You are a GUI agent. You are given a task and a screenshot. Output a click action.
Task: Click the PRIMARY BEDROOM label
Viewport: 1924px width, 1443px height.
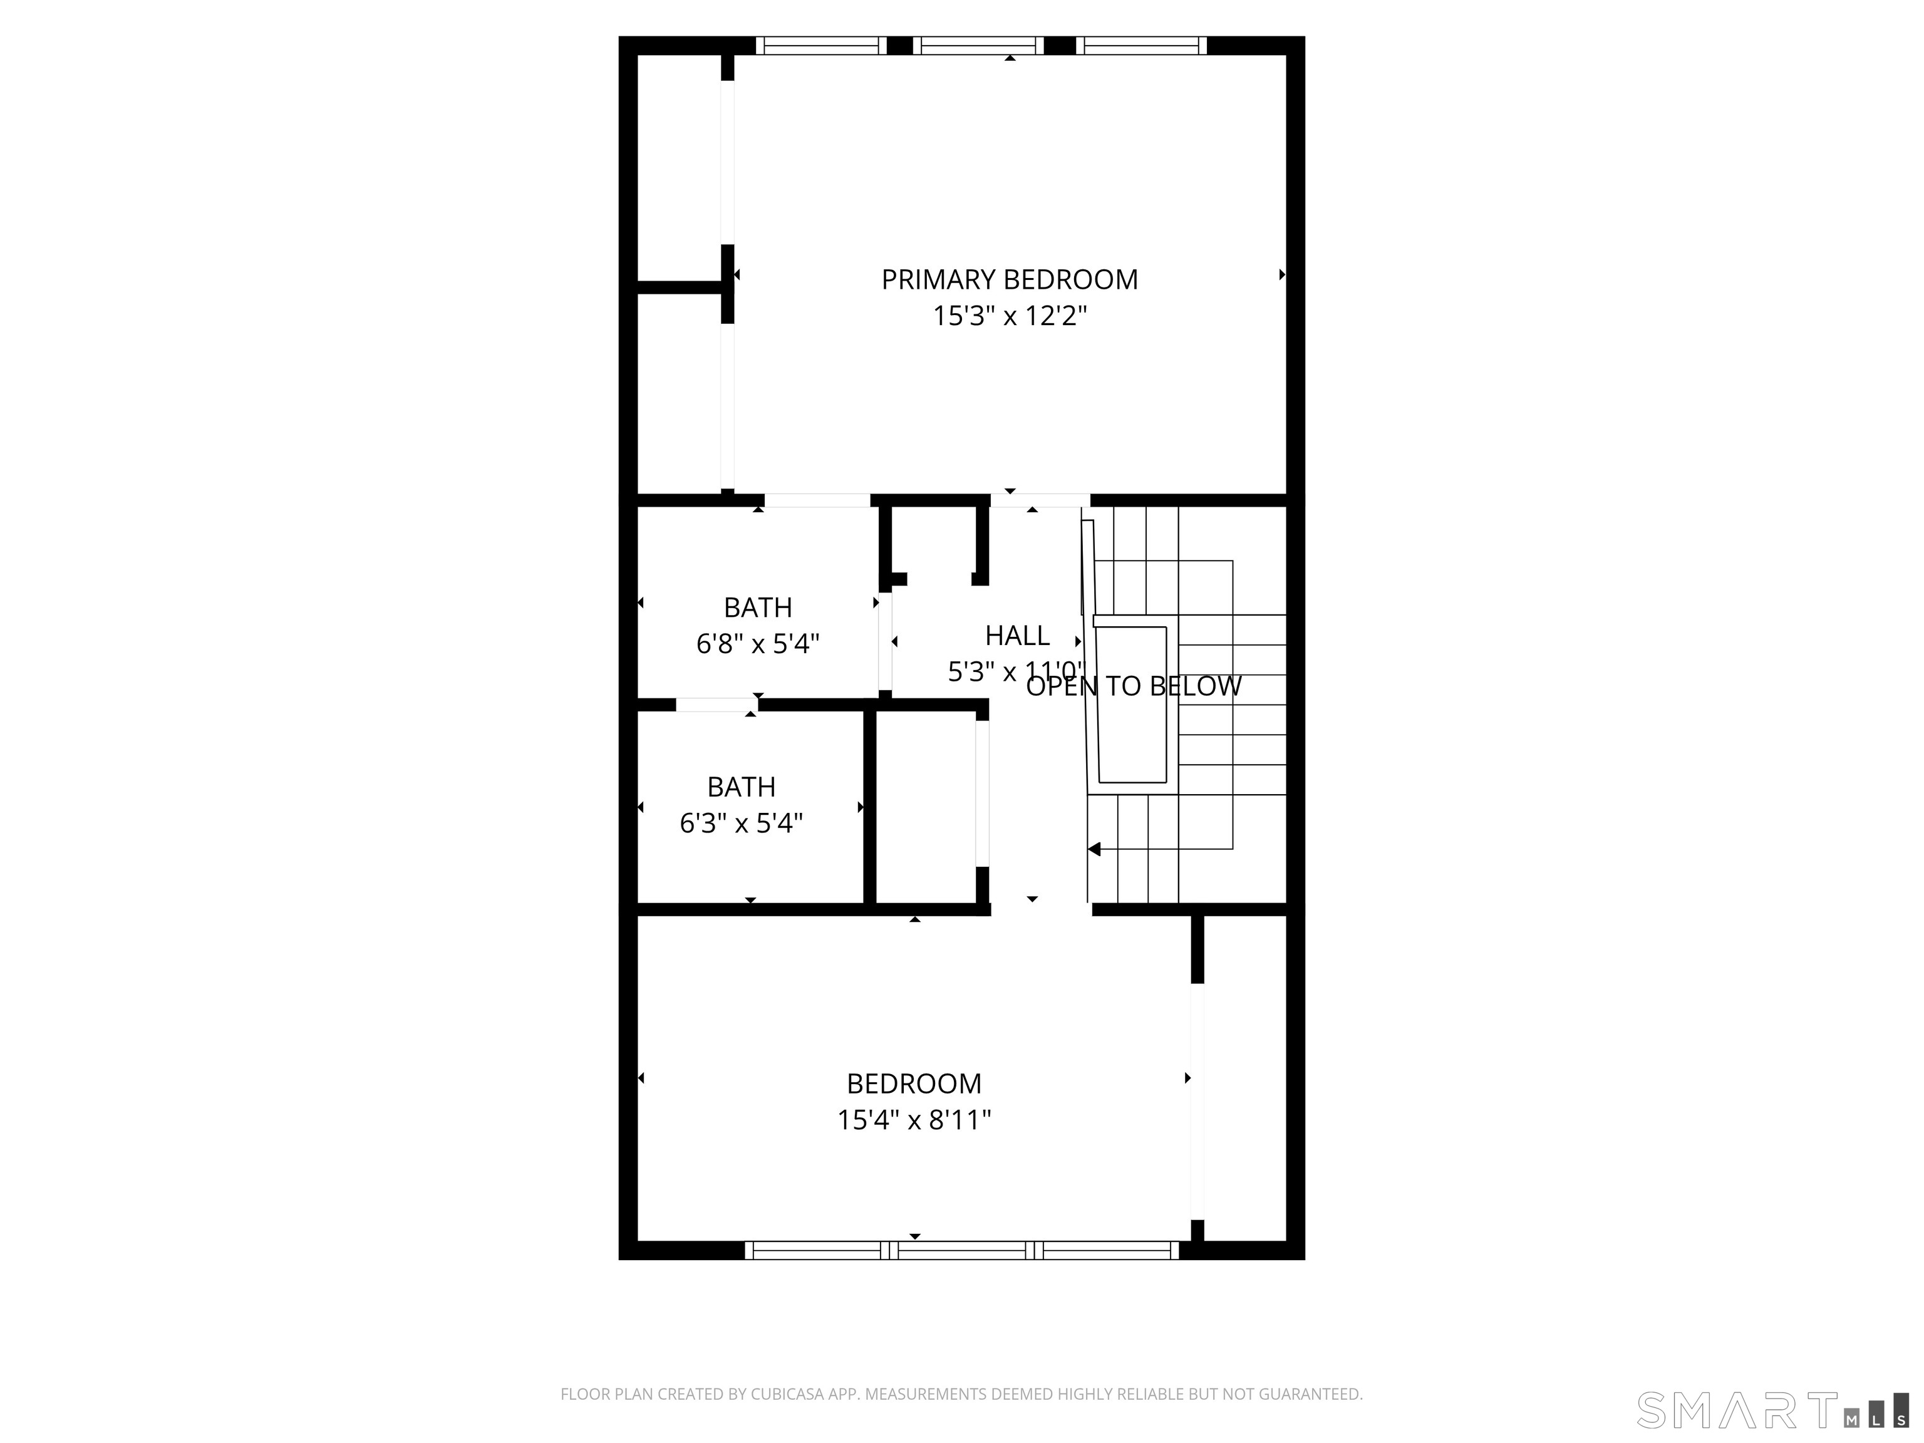click(x=1009, y=279)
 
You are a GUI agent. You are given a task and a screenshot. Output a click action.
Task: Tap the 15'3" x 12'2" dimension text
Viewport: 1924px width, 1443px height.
click(x=1009, y=316)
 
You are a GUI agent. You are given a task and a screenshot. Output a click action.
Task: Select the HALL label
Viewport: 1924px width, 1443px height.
click(x=1016, y=636)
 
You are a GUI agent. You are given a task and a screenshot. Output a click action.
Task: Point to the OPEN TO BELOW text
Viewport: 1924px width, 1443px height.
click(x=1134, y=686)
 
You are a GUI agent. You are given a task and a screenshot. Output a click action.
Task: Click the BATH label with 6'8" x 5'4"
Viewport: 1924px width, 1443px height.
click(x=758, y=607)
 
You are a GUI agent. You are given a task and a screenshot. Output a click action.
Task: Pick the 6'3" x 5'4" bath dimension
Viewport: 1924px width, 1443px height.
click(x=741, y=823)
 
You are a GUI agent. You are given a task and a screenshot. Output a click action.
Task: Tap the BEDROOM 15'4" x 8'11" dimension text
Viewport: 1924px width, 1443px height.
click(x=914, y=1119)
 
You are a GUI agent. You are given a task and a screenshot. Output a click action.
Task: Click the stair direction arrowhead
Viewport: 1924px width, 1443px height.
click(x=1094, y=849)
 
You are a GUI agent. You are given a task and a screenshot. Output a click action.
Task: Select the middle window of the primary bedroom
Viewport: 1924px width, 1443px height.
click(x=978, y=45)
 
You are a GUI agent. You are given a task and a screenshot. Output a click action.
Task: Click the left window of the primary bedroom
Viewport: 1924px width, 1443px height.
click(x=820, y=45)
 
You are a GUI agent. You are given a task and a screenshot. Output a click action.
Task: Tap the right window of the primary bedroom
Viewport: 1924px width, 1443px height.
click(x=1141, y=45)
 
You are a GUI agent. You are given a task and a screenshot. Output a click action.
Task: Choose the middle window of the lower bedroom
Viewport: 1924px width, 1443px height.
click(x=961, y=1251)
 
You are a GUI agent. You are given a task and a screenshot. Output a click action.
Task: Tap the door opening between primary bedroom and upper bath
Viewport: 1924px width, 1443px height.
click(x=817, y=500)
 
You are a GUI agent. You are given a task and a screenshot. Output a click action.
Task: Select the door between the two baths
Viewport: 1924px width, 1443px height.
click(x=716, y=705)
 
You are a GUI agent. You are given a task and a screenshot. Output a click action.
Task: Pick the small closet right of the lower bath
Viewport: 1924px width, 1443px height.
click(x=924, y=807)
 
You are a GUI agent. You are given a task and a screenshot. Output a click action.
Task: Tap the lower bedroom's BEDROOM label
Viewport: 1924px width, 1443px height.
click(x=914, y=1083)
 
